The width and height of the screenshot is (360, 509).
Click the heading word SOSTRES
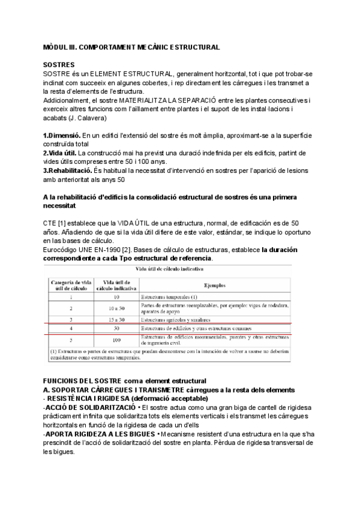[59, 64]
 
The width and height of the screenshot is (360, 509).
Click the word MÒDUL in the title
[55, 46]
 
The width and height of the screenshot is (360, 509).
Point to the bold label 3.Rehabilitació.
[68, 170]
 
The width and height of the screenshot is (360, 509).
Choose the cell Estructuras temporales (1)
[169, 297]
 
